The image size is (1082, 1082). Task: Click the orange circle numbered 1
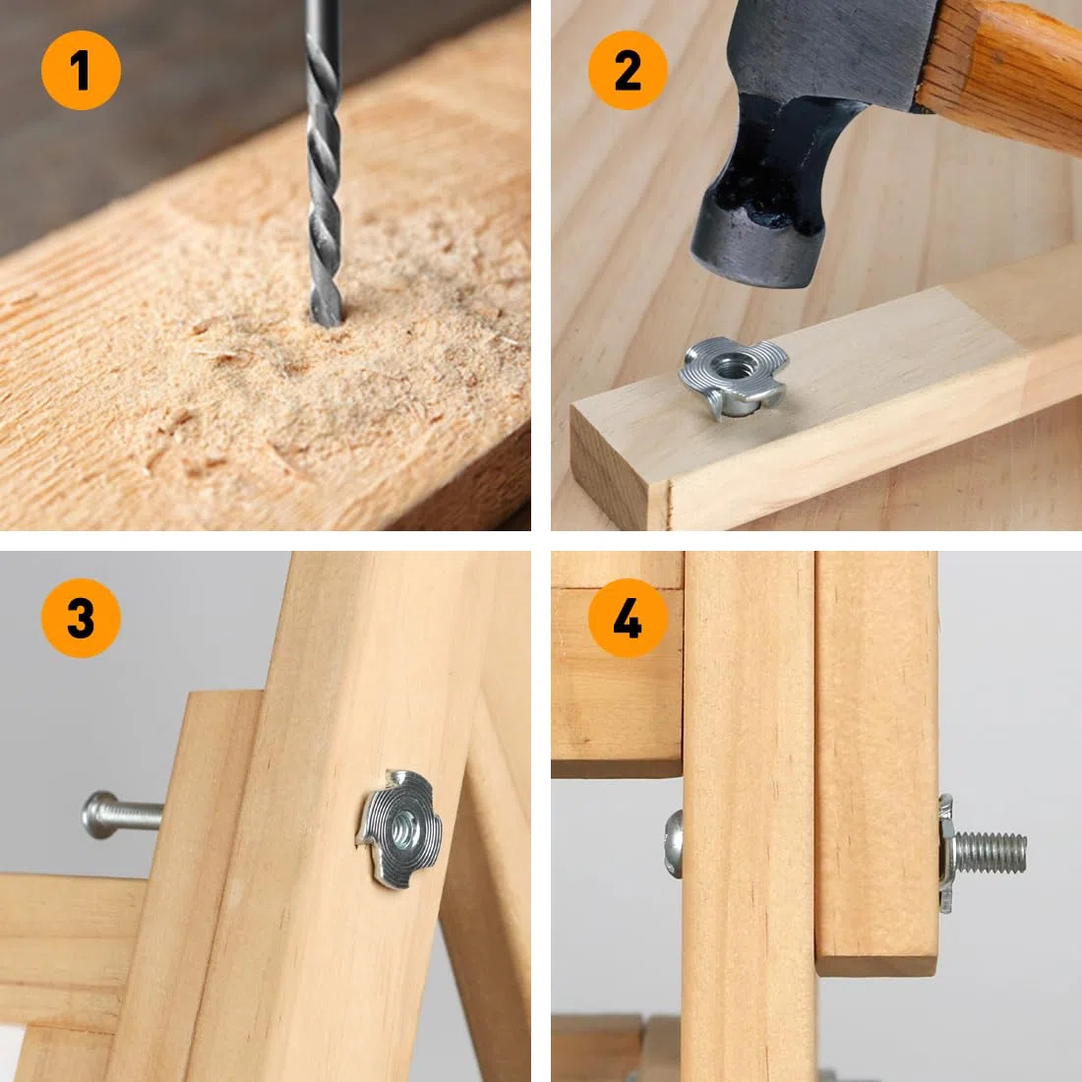click(81, 71)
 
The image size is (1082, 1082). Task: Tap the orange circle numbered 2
click(628, 71)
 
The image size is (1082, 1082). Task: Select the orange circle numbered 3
click(81, 618)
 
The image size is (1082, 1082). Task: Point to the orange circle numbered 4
click(628, 618)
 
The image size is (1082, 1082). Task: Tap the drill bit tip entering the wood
click(326, 319)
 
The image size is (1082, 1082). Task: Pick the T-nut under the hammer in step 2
click(734, 376)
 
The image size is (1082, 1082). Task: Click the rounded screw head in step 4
click(674, 844)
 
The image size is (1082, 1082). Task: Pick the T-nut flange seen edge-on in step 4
click(946, 854)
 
